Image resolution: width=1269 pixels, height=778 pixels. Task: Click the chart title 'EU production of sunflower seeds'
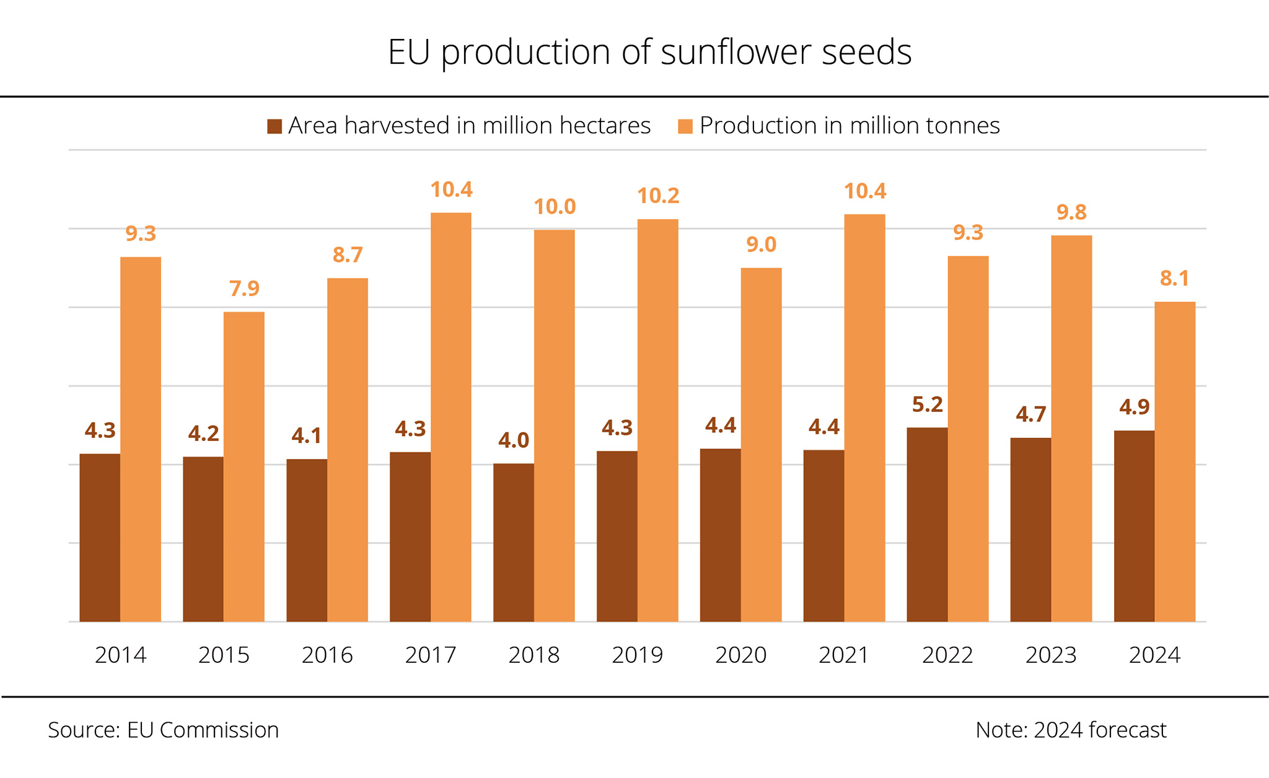coord(649,51)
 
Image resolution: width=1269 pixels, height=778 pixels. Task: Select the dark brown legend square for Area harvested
coord(274,126)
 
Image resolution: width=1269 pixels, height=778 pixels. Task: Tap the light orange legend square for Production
coord(685,126)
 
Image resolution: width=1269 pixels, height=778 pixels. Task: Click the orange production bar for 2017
coord(451,417)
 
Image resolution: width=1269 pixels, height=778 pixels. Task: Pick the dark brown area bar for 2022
coord(927,524)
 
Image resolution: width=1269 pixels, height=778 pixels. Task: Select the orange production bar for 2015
coord(244,466)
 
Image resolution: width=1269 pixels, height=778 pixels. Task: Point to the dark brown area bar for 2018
coord(514,542)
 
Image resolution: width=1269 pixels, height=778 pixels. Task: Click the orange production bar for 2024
coord(1175,461)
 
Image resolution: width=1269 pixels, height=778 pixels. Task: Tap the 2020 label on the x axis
coord(740,655)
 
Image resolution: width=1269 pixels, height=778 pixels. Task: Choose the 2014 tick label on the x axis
coord(120,655)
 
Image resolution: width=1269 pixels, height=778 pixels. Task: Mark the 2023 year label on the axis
coord(1051,655)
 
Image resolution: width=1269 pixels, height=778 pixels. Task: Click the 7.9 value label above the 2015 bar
coord(244,289)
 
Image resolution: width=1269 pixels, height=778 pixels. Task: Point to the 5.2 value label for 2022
coord(927,404)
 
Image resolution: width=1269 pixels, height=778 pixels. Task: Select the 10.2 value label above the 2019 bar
coord(658,196)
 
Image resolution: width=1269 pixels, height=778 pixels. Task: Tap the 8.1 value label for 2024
coord(1175,279)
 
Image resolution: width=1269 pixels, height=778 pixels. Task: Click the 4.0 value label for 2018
coord(514,440)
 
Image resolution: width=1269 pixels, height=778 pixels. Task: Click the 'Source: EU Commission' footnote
coord(163,730)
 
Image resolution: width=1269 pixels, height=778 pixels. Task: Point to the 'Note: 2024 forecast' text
coord(1071,730)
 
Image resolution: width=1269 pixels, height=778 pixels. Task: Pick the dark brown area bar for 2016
coord(307,540)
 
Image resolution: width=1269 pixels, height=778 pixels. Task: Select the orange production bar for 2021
coord(865,417)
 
